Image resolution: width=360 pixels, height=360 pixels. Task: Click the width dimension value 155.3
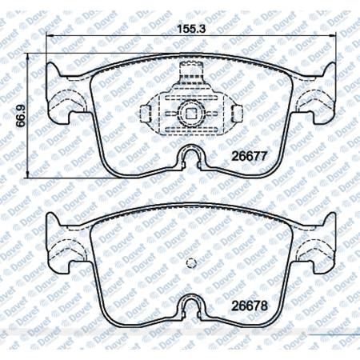click(x=191, y=29)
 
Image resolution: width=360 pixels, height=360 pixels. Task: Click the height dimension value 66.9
click(x=21, y=115)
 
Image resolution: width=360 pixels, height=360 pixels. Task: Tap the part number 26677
click(x=249, y=156)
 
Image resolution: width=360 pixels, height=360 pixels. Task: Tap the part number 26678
click(x=249, y=306)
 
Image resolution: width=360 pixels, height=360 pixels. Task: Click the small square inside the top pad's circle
click(x=190, y=114)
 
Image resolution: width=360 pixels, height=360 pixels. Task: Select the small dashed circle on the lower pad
click(x=191, y=263)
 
